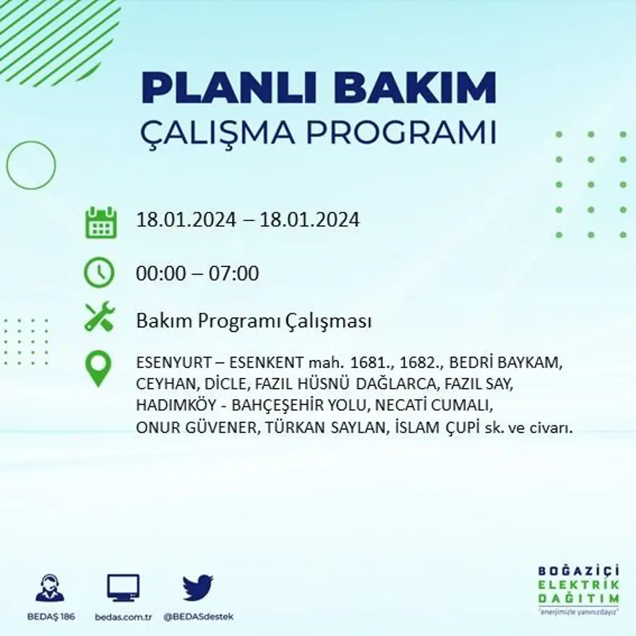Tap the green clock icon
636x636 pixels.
click(x=99, y=273)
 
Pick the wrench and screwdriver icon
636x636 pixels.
click(x=99, y=317)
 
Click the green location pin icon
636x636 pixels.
click(x=98, y=368)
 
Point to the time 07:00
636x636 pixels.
click(x=233, y=274)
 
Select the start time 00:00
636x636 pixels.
click(x=160, y=274)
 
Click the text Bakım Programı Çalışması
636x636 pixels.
click(x=254, y=321)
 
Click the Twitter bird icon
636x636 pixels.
click(x=197, y=588)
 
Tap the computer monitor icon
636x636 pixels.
click(x=123, y=588)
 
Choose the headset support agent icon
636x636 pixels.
click(x=50, y=588)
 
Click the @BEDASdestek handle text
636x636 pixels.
click(x=198, y=616)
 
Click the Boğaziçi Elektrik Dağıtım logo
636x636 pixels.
click(x=578, y=589)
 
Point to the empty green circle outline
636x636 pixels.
click(x=31, y=165)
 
